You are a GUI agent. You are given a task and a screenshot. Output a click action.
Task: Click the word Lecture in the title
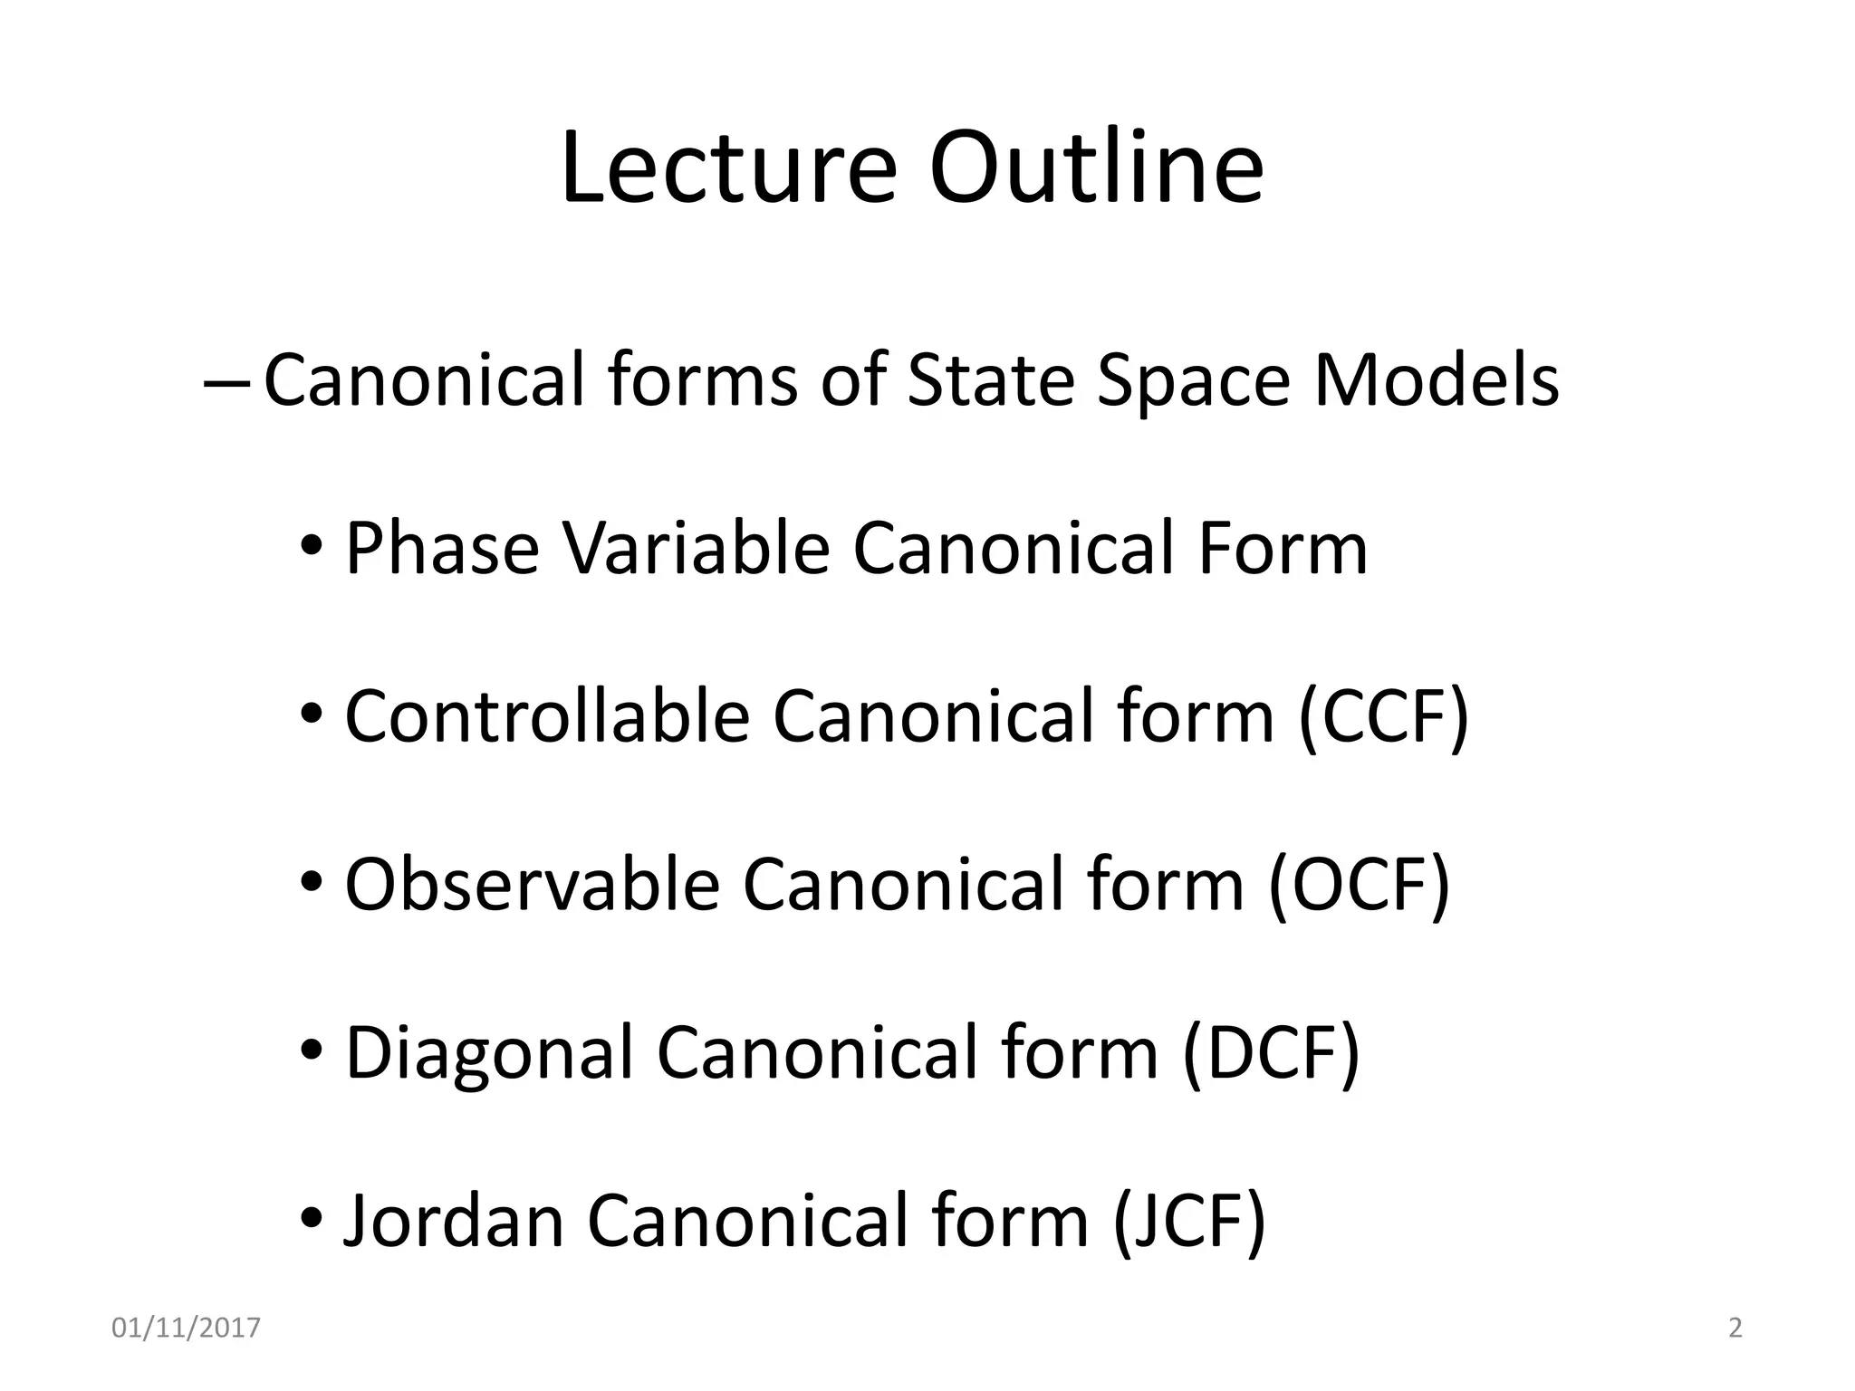[729, 168]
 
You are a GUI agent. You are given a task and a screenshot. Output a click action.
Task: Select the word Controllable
[546, 717]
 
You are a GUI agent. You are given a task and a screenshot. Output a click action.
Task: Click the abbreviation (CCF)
[1383, 717]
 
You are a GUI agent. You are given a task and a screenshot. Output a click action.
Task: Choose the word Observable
[532, 885]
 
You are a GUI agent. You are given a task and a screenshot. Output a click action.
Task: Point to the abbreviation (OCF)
[1359, 885]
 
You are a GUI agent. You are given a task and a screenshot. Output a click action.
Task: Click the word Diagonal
[489, 1053]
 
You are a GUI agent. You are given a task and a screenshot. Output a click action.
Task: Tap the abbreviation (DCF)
[1271, 1053]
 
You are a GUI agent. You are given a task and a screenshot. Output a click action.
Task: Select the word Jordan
[453, 1222]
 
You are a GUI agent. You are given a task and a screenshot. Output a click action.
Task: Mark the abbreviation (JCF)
[1188, 1222]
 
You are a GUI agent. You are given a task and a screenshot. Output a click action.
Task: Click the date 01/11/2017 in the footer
[186, 1329]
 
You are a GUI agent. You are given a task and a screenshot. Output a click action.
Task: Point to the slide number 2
[1735, 1329]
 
